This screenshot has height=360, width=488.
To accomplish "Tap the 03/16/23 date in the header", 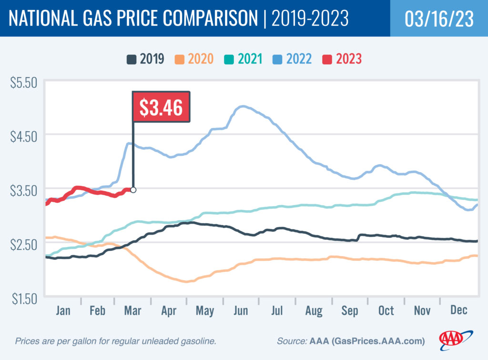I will [438, 19].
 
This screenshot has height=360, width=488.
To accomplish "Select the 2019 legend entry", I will [145, 59].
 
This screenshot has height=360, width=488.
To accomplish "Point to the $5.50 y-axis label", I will [23, 82].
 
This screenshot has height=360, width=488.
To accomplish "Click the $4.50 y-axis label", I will [23, 136].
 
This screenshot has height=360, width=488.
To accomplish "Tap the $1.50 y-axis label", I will [23, 299].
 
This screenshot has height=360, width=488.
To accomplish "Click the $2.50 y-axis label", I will [23, 245].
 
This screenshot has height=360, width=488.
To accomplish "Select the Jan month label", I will [63, 311].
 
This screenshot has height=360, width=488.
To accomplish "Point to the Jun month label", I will [241, 311].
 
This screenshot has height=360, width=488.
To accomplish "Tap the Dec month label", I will [458, 311].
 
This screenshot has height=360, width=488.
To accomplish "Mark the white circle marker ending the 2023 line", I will [133, 190].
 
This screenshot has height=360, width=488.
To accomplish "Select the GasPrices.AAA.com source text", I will [377, 341].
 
